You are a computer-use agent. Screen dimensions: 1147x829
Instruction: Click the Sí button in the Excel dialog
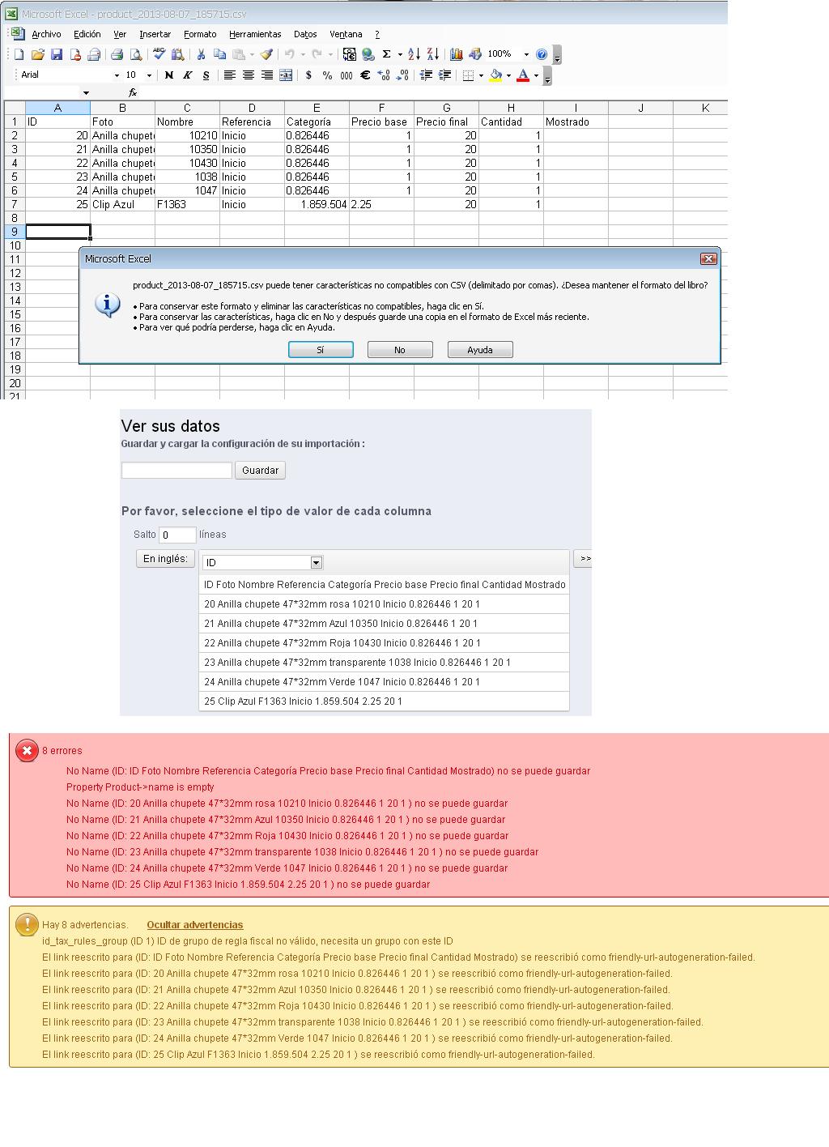pos(321,350)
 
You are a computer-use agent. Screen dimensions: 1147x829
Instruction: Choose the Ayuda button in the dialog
pos(480,350)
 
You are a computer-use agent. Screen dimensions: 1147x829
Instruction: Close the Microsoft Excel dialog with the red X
pos(708,258)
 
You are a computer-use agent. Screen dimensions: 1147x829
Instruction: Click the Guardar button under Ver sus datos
pos(260,470)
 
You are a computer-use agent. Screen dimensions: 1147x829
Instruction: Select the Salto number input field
pos(177,535)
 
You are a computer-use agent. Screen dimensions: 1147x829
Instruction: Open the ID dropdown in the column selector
pos(317,562)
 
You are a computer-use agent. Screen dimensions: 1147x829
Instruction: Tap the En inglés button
pos(165,558)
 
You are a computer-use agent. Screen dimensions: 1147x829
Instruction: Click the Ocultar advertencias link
pos(194,925)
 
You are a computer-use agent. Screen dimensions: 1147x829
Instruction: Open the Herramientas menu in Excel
pos(255,34)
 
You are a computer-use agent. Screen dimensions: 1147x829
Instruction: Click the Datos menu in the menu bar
pos(305,34)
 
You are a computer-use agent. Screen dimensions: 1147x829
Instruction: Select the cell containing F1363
pos(187,204)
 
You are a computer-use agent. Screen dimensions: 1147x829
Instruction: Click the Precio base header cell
pos(381,122)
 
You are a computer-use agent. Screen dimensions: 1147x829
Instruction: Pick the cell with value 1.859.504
pos(317,204)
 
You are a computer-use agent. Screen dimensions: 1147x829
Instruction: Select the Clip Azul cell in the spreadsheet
pos(122,204)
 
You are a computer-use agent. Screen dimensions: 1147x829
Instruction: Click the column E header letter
pos(317,108)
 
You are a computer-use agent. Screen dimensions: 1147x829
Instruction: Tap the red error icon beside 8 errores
pos(27,751)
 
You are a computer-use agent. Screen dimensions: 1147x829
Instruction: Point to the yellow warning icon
pos(27,924)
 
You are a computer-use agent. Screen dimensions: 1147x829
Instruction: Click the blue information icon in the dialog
pos(108,305)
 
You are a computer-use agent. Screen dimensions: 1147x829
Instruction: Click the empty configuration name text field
pos(176,470)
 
